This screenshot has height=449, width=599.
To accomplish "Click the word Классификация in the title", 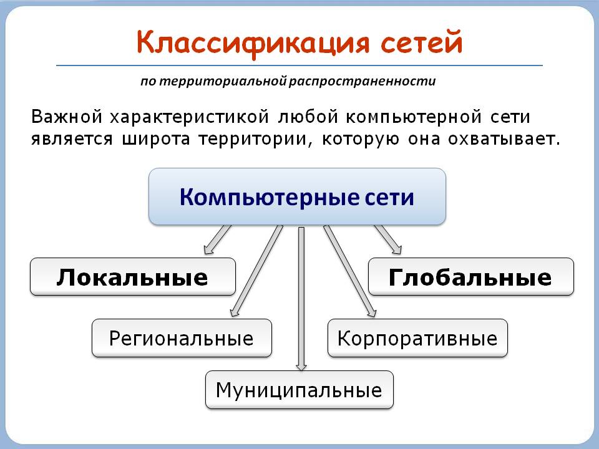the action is (x=253, y=43).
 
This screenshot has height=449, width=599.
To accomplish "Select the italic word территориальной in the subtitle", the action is (x=223, y=81).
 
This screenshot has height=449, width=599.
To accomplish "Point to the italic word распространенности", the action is (x=362, y=81).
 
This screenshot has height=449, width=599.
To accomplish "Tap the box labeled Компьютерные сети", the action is (x=297, y=196).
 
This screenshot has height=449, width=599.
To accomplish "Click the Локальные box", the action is (x=132, y=276).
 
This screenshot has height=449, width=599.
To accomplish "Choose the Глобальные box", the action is (x=470, y=276).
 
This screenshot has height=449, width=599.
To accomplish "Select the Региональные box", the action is (x=182, y=338).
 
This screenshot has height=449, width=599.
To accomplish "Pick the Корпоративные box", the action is (x=417, y=338).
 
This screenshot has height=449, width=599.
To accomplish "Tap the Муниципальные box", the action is (x=299, y=390).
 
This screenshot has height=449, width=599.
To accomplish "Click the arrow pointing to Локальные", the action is (x=217, y=239).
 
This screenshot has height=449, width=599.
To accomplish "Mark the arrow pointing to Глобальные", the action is (x=387, y=239).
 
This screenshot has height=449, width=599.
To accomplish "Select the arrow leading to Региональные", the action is (x=256, y=271).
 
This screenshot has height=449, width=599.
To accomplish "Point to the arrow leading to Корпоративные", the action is (x=349, y=271).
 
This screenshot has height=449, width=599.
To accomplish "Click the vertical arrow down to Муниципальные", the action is (x=301, y=299).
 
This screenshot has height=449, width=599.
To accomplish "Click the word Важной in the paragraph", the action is (x=67, y=117).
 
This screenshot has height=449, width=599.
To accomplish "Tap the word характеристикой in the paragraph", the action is (x=190, y=117).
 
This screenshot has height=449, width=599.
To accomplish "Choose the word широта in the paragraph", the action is (x=156, y=139).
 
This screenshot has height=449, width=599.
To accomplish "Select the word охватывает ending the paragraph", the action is (x=504, y=139).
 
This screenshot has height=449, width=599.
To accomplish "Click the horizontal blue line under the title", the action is (x=299, y=65).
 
